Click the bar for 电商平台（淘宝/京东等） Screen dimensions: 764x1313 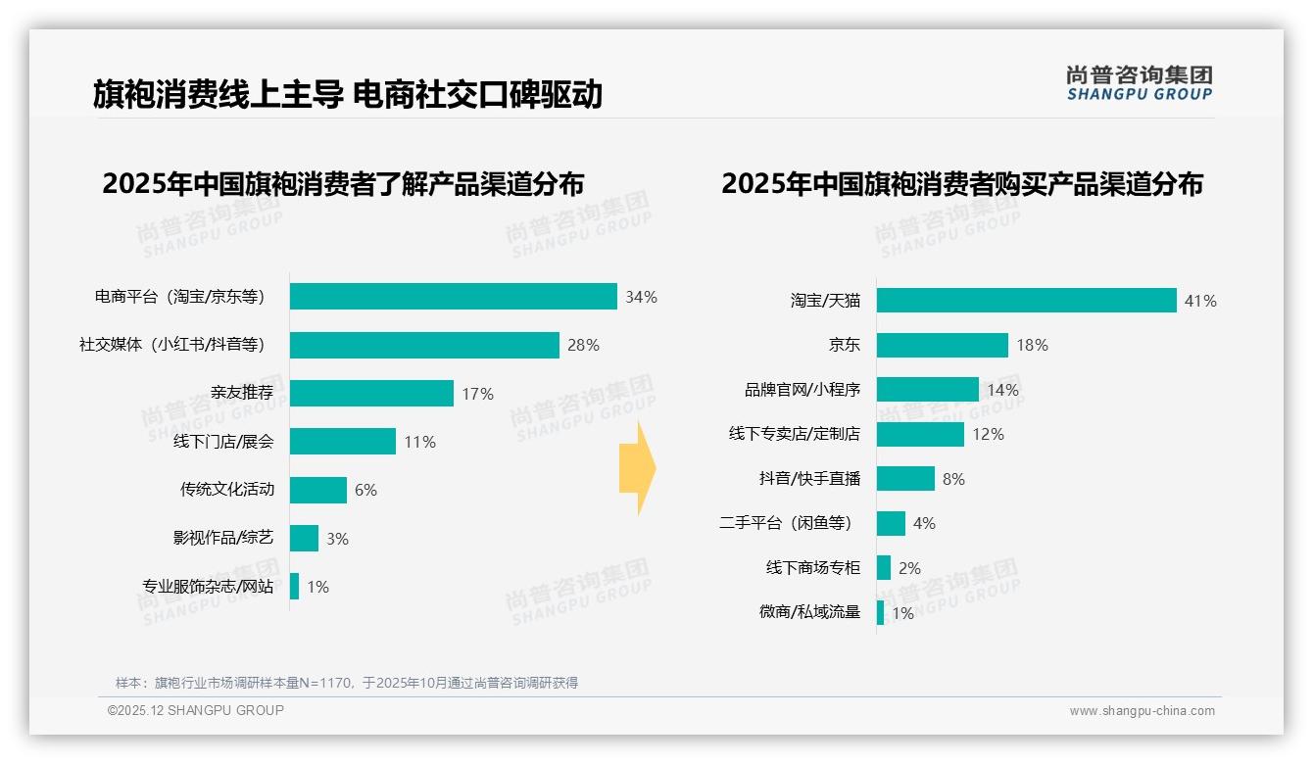453,297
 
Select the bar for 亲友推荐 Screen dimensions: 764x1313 371,394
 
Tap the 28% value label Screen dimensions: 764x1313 583,345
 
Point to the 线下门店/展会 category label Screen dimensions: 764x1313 223,442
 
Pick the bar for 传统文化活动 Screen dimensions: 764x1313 318,490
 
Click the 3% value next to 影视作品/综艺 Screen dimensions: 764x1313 337,539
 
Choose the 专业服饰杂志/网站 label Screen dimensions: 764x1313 208,587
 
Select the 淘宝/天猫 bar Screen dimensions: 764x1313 1026,301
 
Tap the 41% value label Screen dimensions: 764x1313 1200,302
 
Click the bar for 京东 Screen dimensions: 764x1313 942,345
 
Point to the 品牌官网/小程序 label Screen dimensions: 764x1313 802,390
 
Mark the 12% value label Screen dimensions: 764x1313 988,434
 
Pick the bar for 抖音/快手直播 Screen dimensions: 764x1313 905,479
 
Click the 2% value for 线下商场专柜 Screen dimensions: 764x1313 909,568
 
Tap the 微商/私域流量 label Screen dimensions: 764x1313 809,612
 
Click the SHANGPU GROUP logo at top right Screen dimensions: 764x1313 1139,83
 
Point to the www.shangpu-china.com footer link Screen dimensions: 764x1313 1142,711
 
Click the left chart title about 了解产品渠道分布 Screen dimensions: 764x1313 343,184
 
